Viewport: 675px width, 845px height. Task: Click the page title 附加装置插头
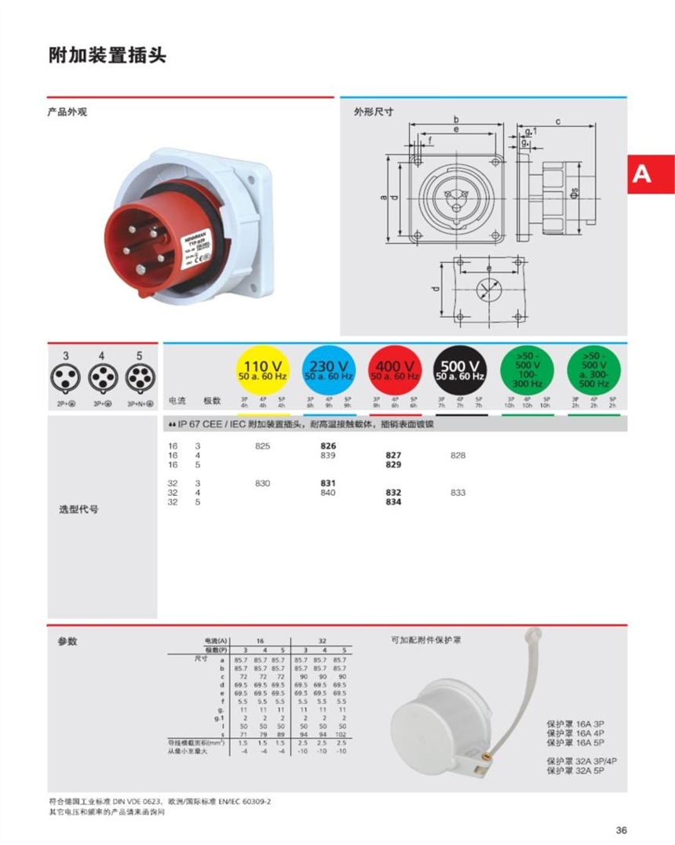(108, 56)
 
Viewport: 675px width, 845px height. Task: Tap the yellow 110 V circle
(263, 370)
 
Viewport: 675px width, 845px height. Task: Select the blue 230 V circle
(329, 370)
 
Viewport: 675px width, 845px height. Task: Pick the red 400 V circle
(395, 370)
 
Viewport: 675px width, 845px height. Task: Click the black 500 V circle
(460, 370)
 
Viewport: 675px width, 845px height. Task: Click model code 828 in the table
(458, 455)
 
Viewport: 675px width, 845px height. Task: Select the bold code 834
(394, 502)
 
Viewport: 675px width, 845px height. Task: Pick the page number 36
(622, 830)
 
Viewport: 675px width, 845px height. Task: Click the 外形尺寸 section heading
(374, 112)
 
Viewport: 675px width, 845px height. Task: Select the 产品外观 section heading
(67, 112)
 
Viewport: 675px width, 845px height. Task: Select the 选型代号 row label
(78, 509)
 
